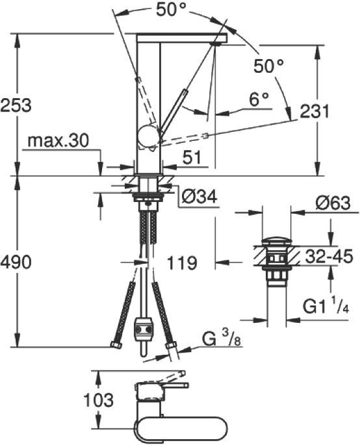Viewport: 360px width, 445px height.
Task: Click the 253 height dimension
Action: tap(17, 105)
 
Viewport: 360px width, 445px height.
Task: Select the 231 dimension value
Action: tap(314, 111)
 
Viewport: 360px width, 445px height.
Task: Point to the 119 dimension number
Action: tap(181, 263)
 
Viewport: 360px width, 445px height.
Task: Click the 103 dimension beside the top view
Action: tap(99, 399)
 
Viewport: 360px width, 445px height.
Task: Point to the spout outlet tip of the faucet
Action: tap(218, 41)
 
